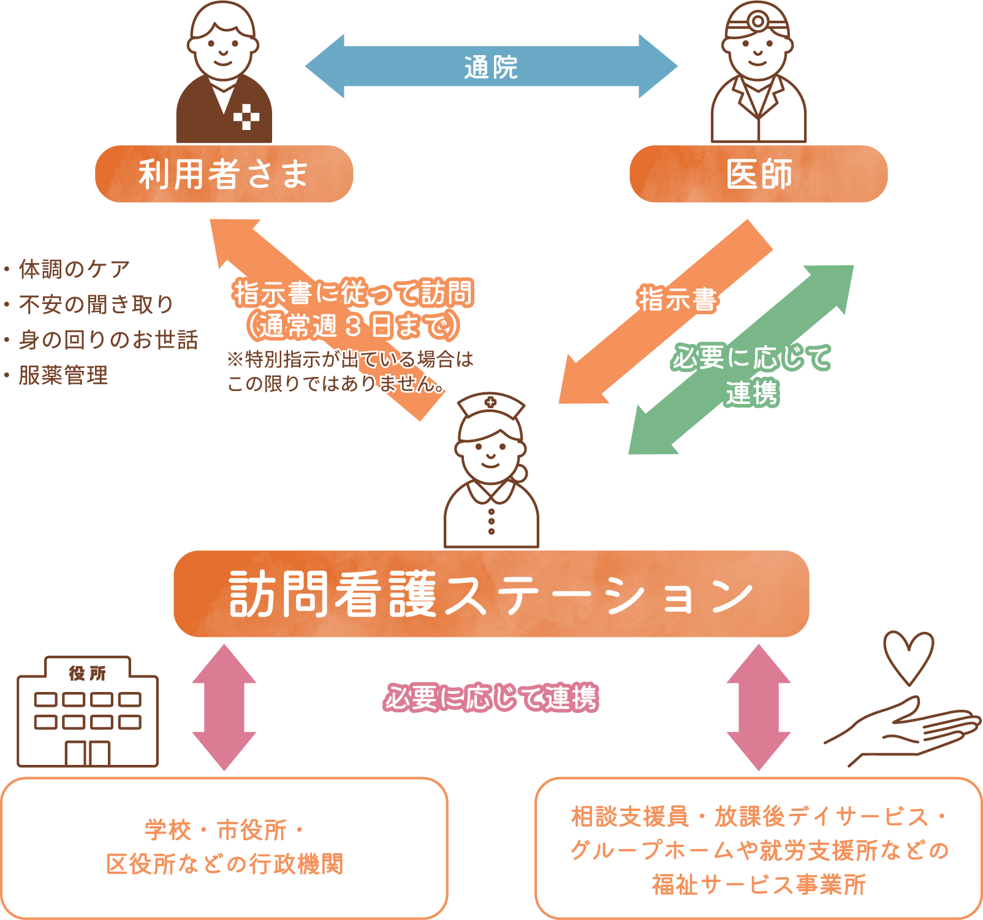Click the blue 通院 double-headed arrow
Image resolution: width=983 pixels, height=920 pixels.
(490, 66)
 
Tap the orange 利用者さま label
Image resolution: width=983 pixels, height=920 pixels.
(224, 174)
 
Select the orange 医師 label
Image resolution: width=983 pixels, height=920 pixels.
(758, 174)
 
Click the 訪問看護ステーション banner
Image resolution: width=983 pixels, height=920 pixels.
(490, 594)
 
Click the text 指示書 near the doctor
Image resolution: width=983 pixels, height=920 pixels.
(677, 299)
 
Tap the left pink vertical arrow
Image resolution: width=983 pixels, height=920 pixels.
(224, 707)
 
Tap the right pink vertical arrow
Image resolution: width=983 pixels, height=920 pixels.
(759, 707)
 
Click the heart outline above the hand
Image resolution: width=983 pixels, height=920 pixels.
(908, 656)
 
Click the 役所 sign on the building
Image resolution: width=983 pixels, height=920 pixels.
(88, 673)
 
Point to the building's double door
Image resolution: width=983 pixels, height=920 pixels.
(88, 753)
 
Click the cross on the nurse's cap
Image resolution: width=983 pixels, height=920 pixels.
(490, 402)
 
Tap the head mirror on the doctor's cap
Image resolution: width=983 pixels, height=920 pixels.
(758, 21)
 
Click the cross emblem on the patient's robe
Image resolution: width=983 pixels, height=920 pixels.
(246, 117)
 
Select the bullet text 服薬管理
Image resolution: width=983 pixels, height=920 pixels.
(63, 375)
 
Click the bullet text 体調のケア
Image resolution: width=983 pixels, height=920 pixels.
(74, 269)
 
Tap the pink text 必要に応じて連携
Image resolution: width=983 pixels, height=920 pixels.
(491, 698)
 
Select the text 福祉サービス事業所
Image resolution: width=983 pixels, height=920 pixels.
(759, 884)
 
